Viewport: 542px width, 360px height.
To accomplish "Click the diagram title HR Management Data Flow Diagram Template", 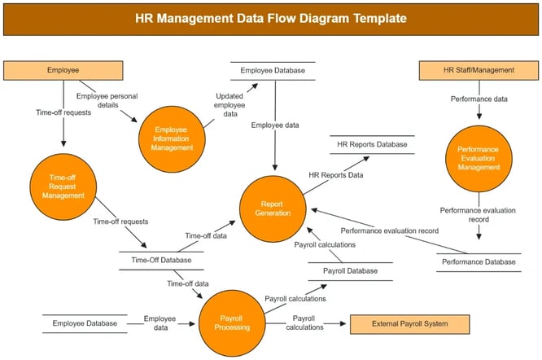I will pyautogui.click(x=271, y=17).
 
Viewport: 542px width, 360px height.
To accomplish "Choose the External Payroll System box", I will pyautogui.click(x=409, y=324).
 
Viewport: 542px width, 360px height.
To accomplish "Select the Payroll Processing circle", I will pyautogui.click(x=233, y=323).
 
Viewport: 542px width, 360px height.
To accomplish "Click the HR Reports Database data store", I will pyautogui.click(x=371, y=145).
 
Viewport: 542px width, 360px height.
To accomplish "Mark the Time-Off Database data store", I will pyautogui.click(x=161, y=261).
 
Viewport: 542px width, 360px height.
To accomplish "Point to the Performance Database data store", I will pyautogui.click(x=478, y=262).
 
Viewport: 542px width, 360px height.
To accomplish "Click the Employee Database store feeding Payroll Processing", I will pyautogui.click(x=85, y=324).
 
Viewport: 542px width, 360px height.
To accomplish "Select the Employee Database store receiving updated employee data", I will pyautogui.click(x=273, y=71).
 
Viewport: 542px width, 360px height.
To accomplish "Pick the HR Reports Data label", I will pyautogui.click(x=336, y=174).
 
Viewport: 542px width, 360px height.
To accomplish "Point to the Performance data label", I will pyautogui.click(x=479, y=99).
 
